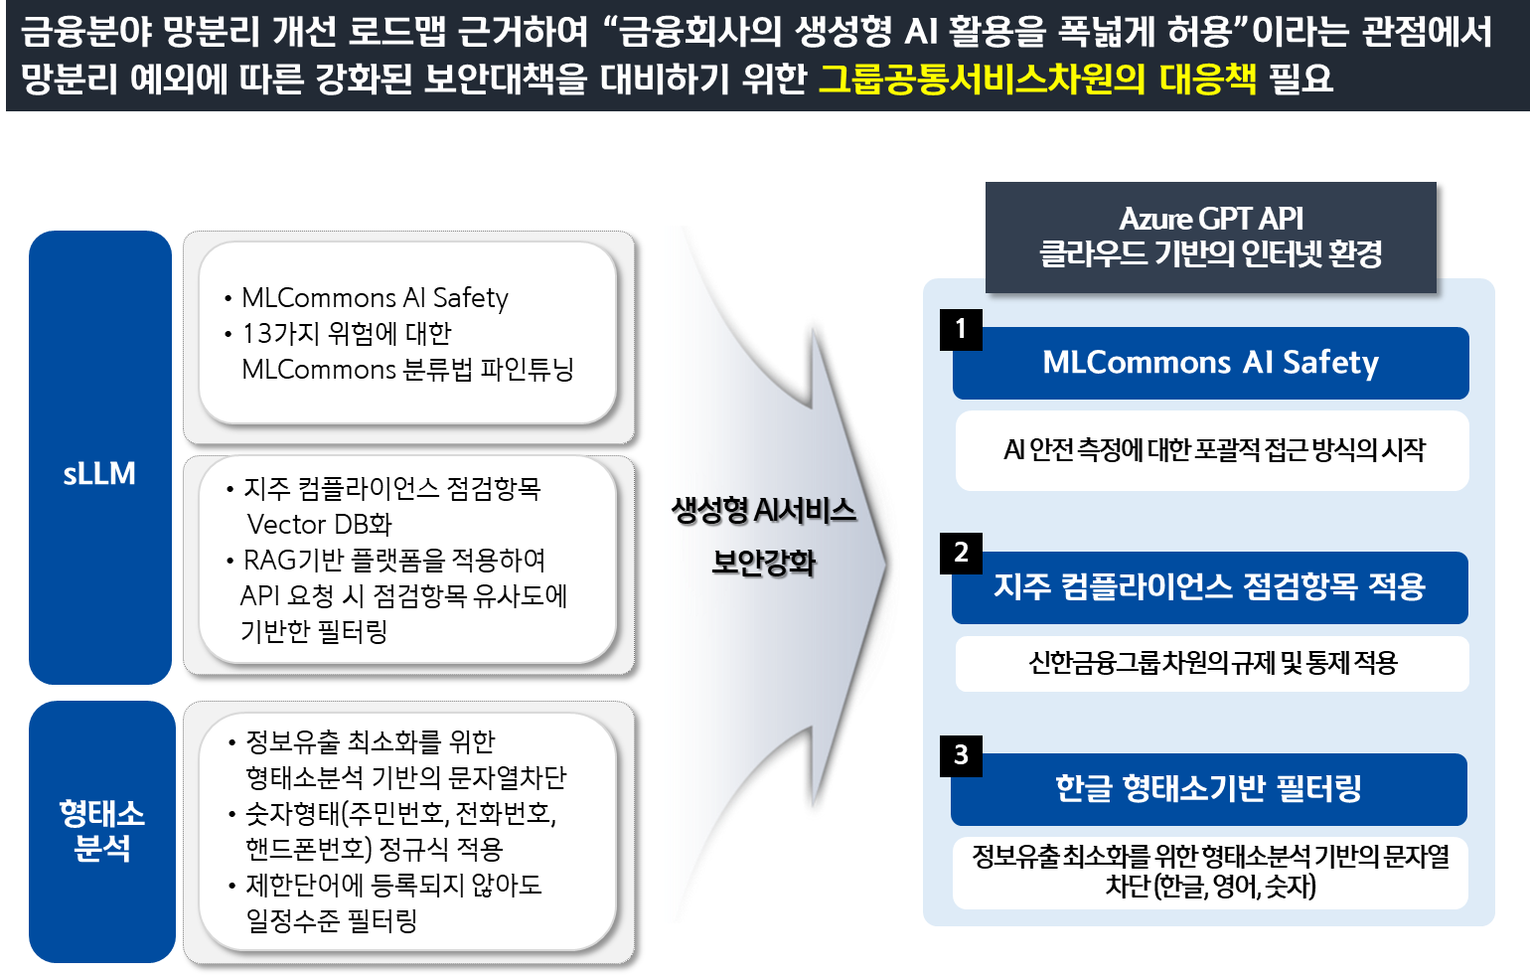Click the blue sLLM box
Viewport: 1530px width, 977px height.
[99, 457]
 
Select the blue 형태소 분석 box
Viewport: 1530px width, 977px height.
[101, 831]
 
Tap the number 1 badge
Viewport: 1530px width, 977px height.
[961, 329]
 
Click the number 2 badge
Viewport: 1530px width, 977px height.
[961, 553]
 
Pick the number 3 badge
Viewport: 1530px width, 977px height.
[961, 755]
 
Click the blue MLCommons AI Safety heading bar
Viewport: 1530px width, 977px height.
[1210, 364]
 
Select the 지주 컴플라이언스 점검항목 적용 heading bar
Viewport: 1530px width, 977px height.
[1210, 587]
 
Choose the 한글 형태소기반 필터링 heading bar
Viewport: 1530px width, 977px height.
[1208, 789]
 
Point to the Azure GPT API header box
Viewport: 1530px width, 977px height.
[1210, 237]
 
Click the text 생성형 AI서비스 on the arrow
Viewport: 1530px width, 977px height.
[763, 511]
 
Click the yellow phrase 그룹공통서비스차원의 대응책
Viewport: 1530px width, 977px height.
[1037, 79]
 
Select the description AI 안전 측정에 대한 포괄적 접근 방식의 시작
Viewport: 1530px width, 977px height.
[1213, 450]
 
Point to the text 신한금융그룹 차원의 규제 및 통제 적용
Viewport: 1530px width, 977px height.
[1212, 663]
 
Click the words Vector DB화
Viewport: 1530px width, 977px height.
[319, 524]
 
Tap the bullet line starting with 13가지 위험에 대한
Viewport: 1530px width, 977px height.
[347, 333]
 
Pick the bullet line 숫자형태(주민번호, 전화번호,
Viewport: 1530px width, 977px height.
[400, 814]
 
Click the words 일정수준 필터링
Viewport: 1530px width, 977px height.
[332, 921]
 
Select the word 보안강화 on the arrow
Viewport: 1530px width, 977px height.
[763, 564]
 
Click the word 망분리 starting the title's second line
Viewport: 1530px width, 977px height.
[70, 79]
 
